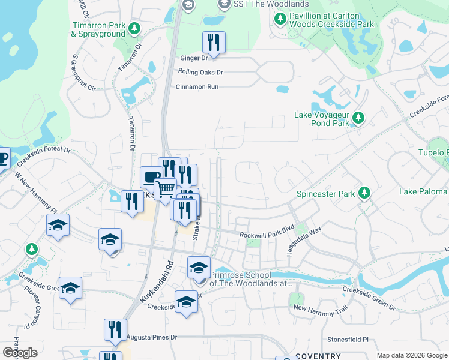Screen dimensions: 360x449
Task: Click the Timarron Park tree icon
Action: (135, 28)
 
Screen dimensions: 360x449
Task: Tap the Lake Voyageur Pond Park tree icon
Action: (358, 118)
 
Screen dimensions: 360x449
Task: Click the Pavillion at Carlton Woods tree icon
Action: (280, 19)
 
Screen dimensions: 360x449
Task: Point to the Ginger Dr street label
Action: (194, 58)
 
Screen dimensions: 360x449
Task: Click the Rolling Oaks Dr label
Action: (200, 72)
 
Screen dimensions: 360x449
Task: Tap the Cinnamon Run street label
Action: (197, 86)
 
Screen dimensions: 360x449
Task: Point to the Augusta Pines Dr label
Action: (153, 338)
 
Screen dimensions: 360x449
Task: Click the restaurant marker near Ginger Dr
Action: (214, 42)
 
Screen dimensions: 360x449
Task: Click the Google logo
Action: (20, 352)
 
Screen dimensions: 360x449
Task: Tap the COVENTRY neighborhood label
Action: (318, 356)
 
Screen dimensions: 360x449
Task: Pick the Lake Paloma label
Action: (423, 191)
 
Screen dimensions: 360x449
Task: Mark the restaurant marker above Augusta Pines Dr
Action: (115, 329)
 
